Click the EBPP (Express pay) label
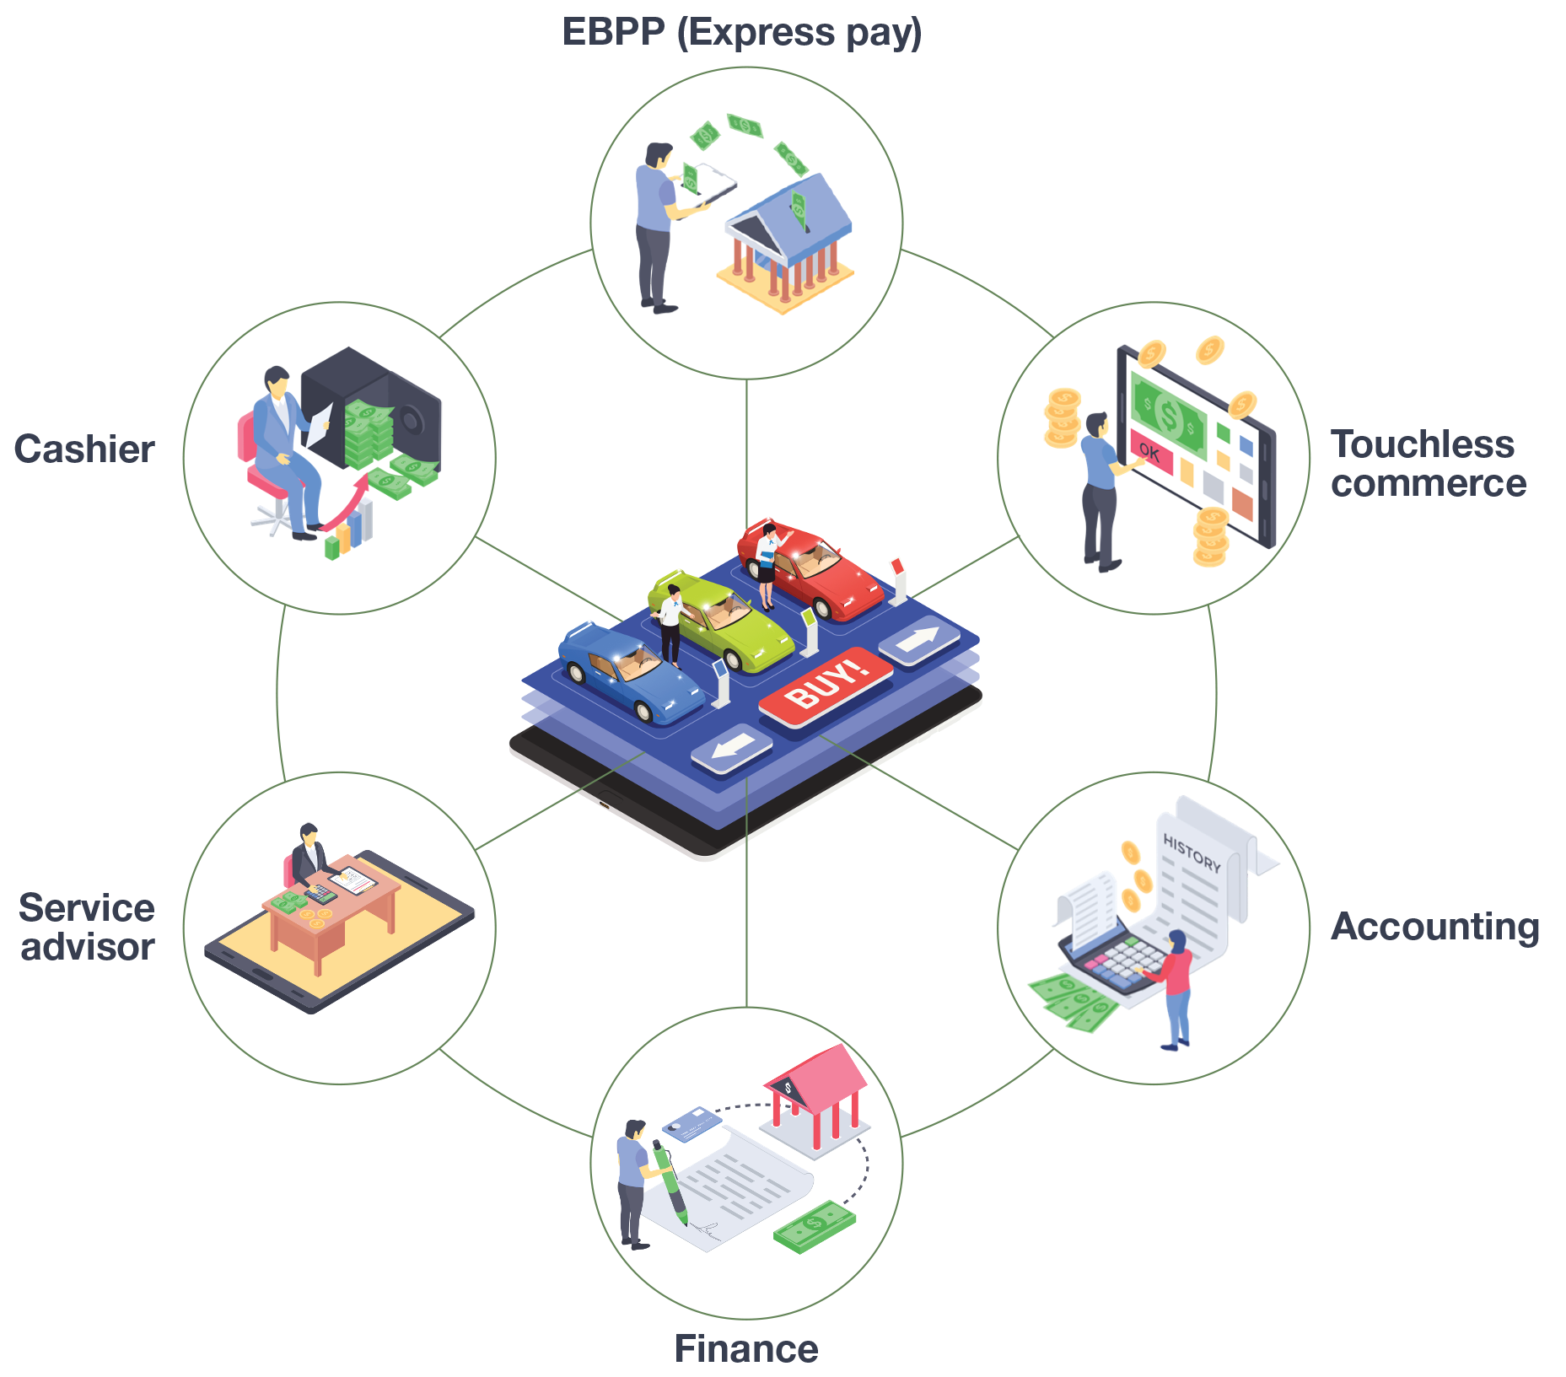(741, 32)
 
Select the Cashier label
(84, 449)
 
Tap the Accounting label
(1434, 926)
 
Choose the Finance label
(745, 1348)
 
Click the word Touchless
(1423, 444)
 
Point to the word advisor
(88, 947)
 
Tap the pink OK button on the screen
(1150, 453)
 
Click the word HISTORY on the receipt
(1192, 853)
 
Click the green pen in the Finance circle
(670, 1181)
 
